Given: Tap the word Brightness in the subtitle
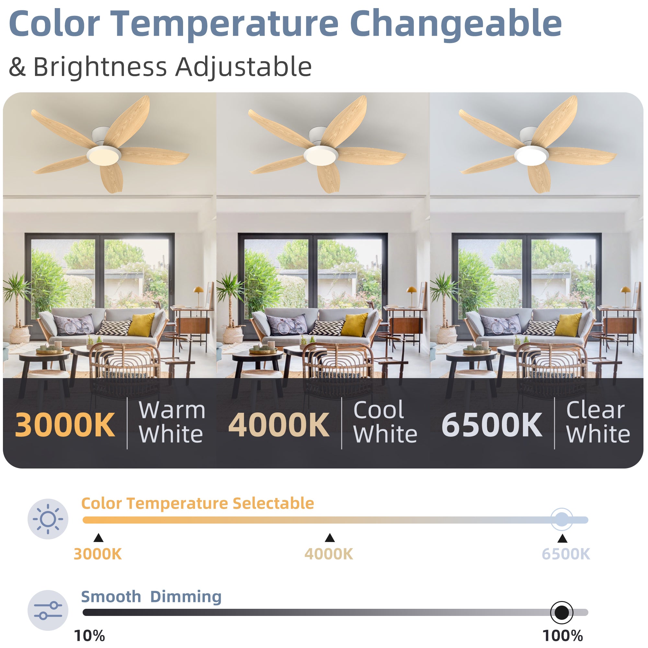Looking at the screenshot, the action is point(99,67).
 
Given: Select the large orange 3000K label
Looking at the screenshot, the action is point(65,425).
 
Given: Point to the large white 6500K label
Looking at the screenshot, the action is point(492,425).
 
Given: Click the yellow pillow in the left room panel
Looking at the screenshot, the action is point(141,324).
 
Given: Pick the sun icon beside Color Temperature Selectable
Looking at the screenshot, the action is point(48,519).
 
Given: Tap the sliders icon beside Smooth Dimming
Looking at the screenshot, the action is point(48,610).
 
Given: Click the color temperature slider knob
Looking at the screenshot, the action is point(562,520).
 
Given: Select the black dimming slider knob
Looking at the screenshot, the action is point(562,612).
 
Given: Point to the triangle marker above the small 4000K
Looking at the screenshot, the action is point(330,538).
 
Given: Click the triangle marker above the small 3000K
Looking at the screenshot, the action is point(98,538).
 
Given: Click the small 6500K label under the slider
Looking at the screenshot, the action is point(566,554).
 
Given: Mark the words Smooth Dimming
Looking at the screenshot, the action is point(151,597).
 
